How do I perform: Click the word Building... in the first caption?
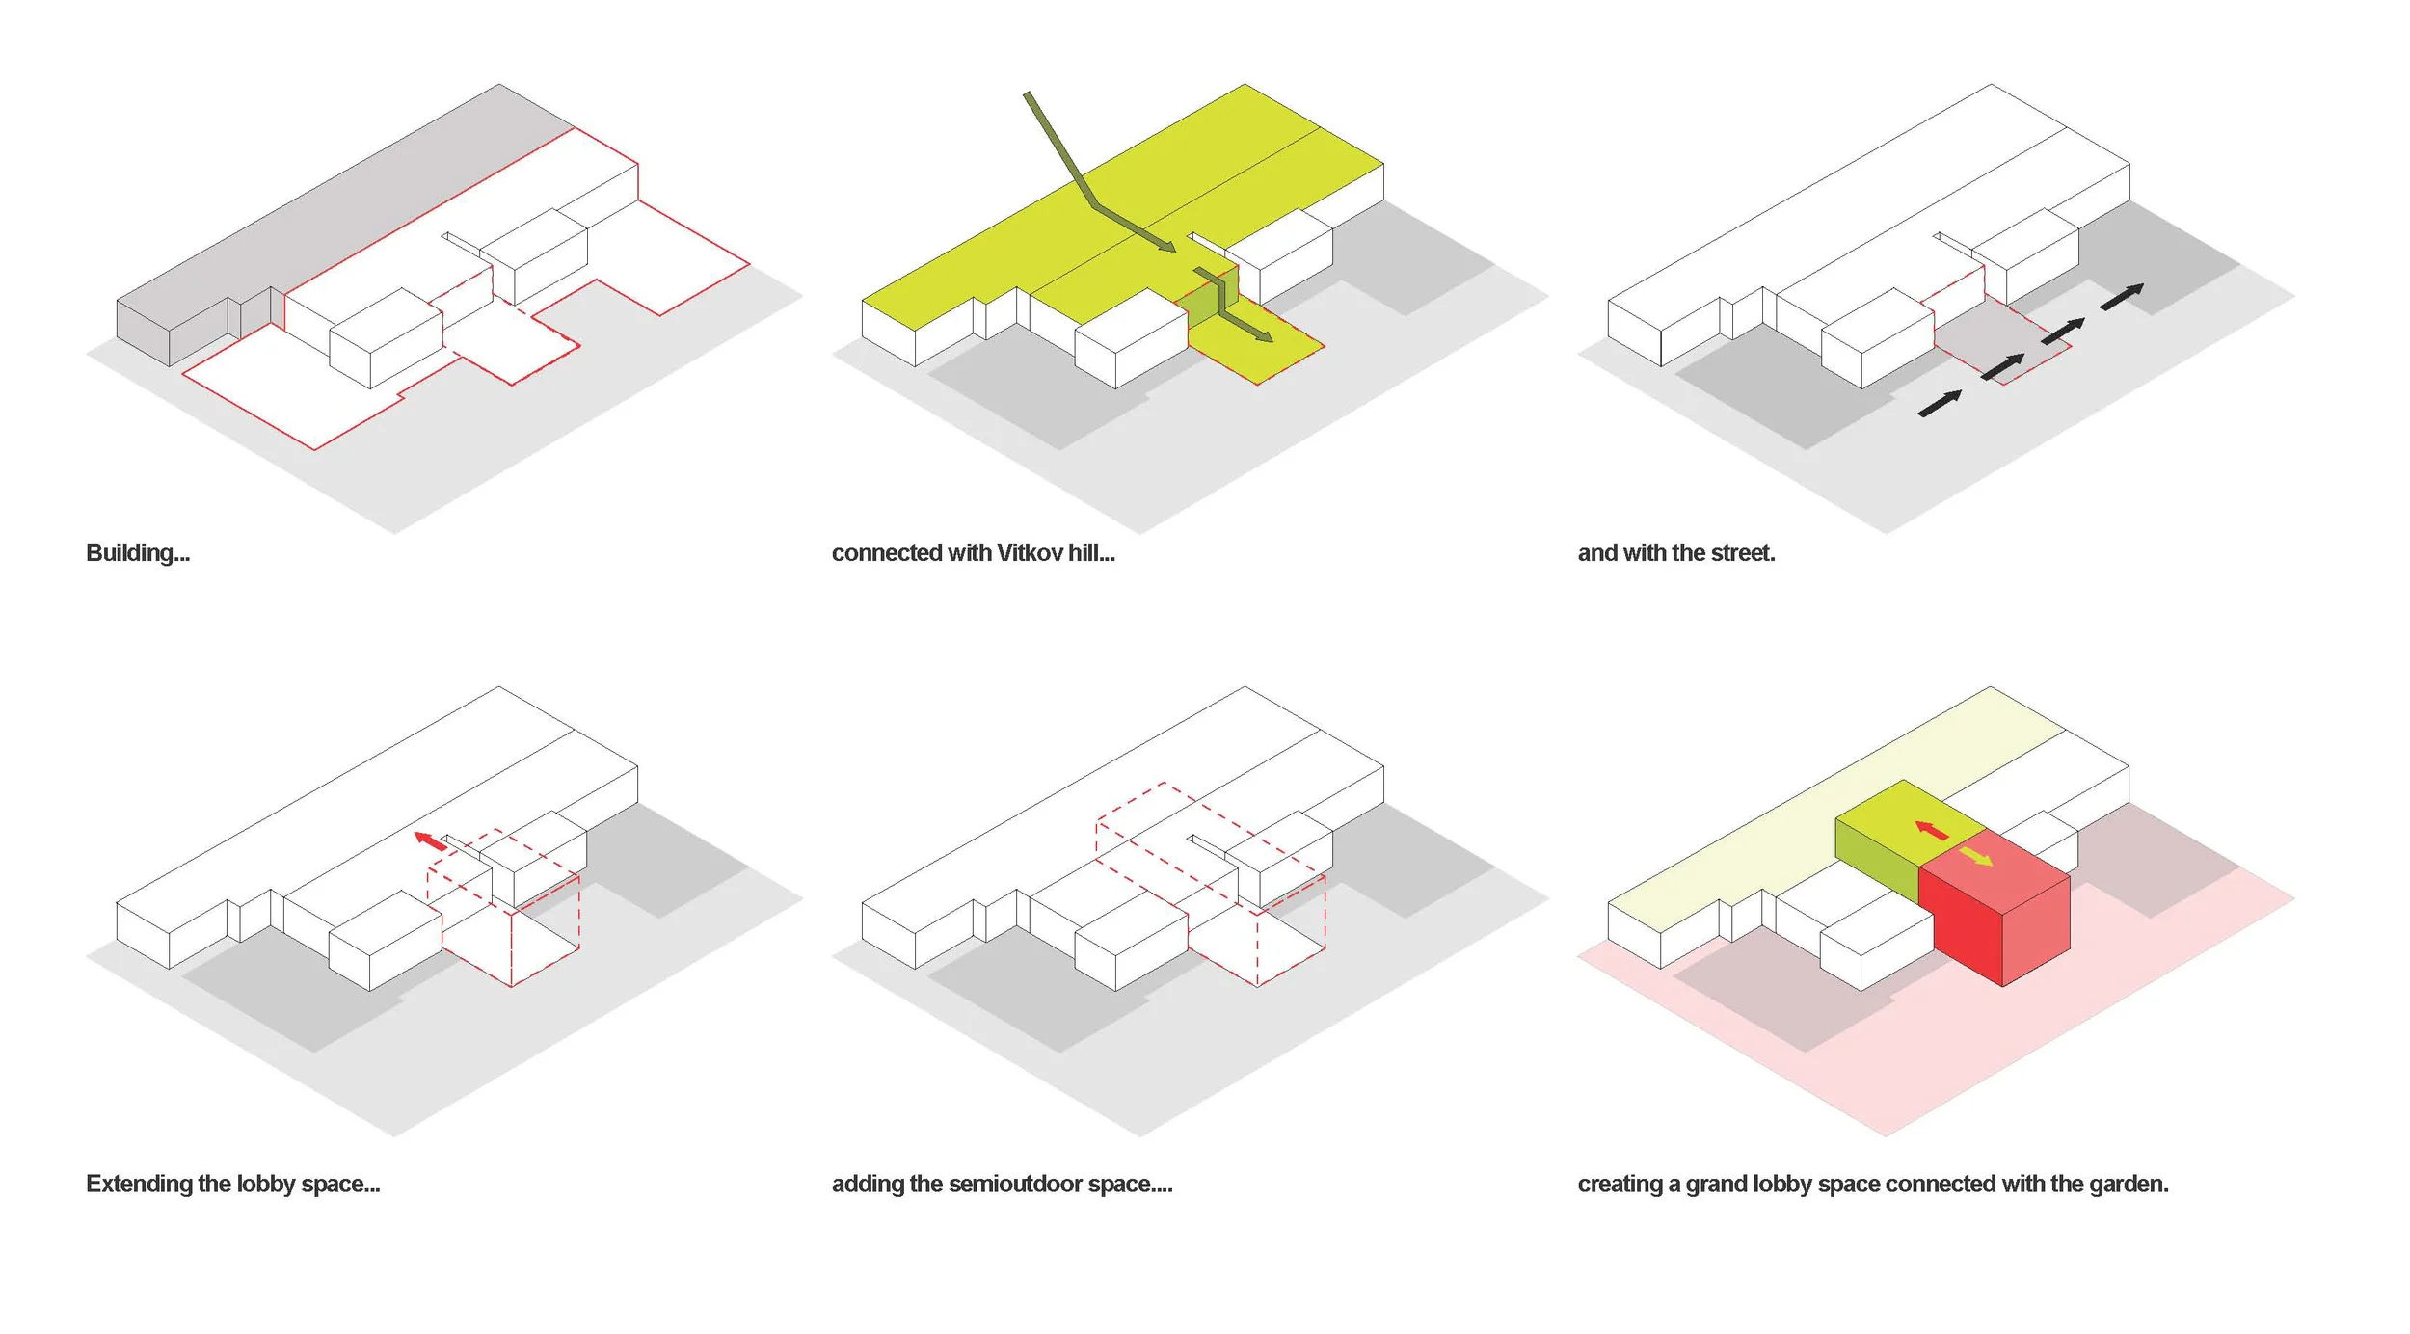(x=138, y=553)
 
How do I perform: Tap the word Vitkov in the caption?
(x=1030, y=553)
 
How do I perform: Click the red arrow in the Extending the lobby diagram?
(x=430, y=840)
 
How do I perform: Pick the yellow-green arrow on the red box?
(x=1976, y=857)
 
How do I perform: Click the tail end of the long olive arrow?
(x=1028, y=95)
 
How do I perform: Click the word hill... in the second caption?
(x=1091, y=553)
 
